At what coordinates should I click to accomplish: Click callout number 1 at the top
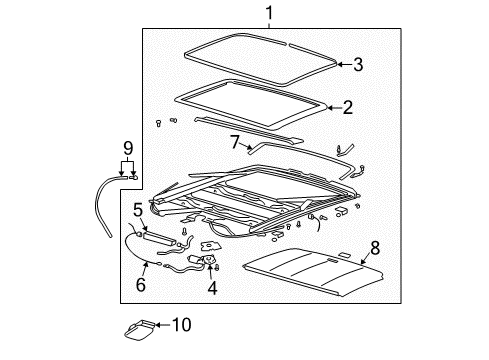pyautogui.click(x=269, y=13)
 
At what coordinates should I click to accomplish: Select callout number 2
pyautogui.click(x=348, y=107)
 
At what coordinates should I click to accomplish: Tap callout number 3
pyautogui.click(x=359, y=64)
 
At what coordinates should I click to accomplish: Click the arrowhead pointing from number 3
pyautogui.click(x=338, y=64)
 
